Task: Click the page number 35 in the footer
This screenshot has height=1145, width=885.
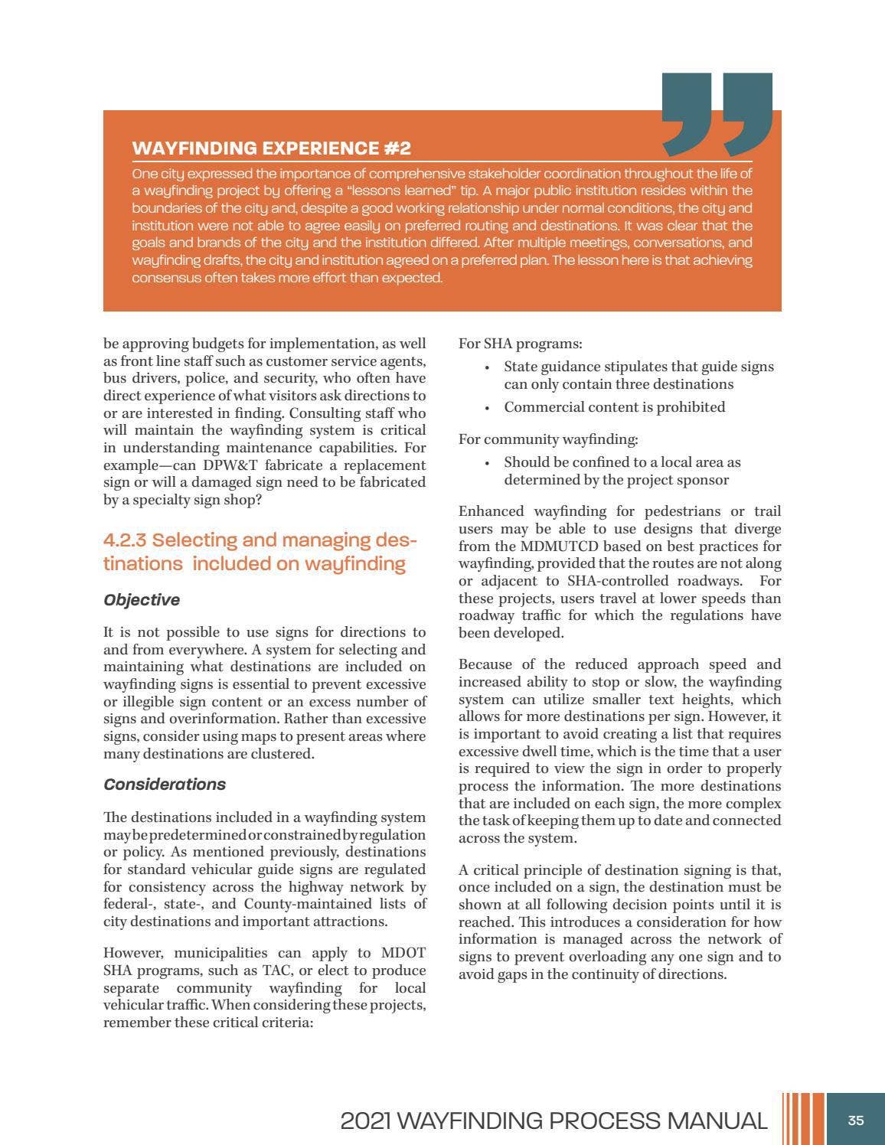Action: pos(856,1121)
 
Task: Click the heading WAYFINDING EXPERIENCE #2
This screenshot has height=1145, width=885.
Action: pos(272,148)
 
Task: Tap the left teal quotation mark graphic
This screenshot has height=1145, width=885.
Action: pos(687,111)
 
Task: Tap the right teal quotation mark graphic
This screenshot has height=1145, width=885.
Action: pos(747,111)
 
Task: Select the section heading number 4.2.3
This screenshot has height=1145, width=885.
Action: pos(125,540)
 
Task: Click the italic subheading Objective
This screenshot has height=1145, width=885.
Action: pos(142,600)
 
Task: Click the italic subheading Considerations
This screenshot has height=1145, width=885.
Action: pos(165,785)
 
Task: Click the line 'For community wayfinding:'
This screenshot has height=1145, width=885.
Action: pos(547,439)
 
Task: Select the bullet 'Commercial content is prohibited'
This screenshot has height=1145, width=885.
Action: pos(614,407)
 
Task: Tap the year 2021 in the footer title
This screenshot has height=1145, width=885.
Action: pos(365,1121)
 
